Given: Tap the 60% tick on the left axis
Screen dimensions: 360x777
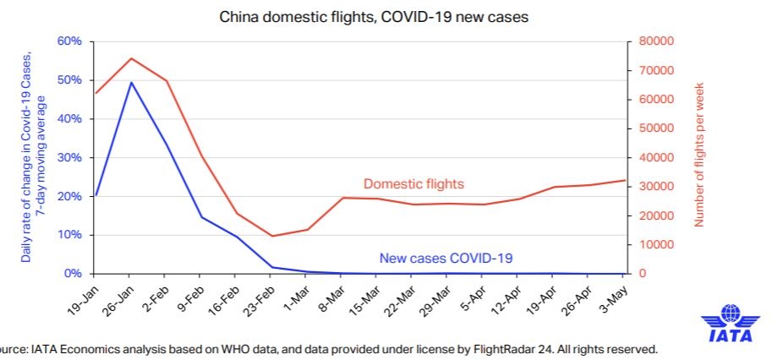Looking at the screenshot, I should tap(68, 41).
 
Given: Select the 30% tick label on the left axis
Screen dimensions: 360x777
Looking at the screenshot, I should tap(68, 158).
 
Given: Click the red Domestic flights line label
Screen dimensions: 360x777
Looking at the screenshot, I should tap(413, 184).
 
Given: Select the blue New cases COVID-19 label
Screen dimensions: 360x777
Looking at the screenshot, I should tap(446, 258).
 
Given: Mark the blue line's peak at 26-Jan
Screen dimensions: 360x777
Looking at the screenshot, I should tap(130, 83).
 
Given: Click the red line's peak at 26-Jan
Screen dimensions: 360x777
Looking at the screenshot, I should tap(130, 58).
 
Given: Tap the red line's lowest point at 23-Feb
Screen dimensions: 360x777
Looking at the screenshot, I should tap(271, 236).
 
